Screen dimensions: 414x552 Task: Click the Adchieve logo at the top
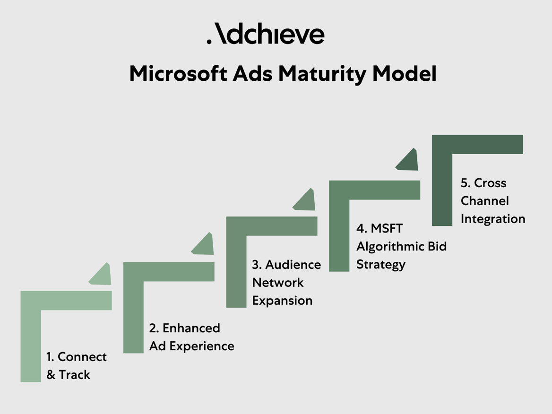pos(266,34)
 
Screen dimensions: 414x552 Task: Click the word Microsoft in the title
pos(177,74)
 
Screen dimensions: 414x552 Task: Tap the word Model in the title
pos(404,74)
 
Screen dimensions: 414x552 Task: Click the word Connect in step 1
pos(82,357)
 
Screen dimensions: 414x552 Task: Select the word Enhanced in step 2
pos(191,328)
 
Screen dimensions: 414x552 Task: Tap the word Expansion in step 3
pos(282,301)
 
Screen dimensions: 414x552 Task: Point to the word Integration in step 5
pos(493,219)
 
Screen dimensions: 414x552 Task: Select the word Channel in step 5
pos(485,201)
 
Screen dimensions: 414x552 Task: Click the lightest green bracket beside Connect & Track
pos(31,331)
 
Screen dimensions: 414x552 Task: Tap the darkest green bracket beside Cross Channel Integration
pos(442,180)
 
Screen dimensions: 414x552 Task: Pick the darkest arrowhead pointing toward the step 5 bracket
pos(409,161)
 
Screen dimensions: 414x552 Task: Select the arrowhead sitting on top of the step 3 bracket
pos(306,201)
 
